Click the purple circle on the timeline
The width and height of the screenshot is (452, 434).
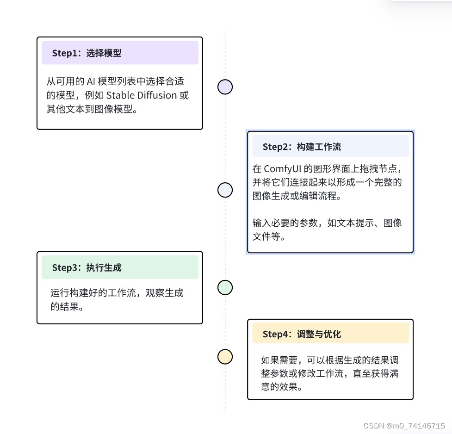click(x=225, y=87)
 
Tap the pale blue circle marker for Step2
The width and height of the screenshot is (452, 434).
click(x=225, y=190)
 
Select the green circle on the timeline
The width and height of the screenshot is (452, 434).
click(x=225, y=287)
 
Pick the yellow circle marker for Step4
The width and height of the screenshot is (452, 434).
click(x=225, y=357)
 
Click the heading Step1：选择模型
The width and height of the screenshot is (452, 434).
click(x=87, y=53)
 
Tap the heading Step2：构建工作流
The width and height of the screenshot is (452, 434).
click(x=302, y=147)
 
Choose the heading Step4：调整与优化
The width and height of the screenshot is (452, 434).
click(x=302, y=334)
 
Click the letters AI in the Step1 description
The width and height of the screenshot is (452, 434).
click(x=91, y=81)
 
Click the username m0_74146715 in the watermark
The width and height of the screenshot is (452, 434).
click(x=419, y=426)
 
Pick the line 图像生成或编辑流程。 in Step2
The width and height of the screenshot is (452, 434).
click(x=298, y=196)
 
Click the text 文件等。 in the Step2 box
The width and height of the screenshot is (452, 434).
click(x=269, y=237)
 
